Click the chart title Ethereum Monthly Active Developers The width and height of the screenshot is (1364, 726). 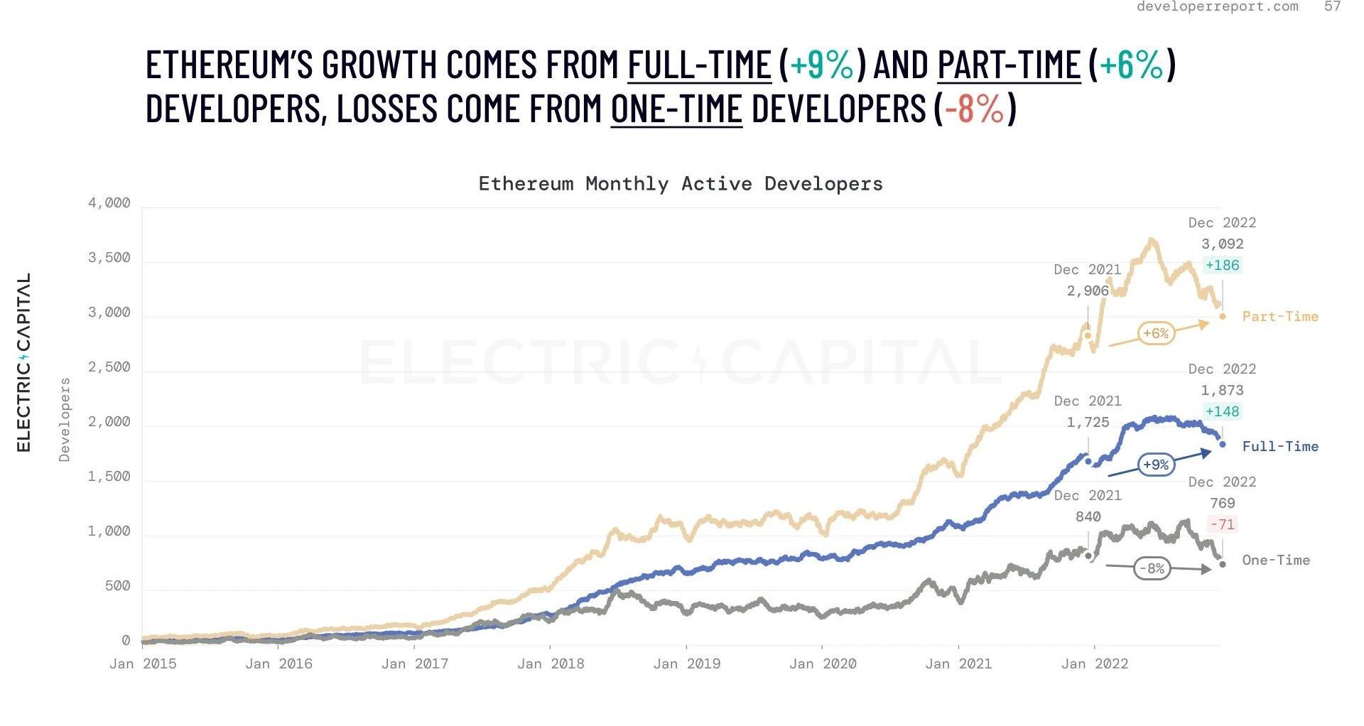[680, 184]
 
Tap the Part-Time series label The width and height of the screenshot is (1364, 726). [1279, 317]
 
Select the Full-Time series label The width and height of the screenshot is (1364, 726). [1279, 447]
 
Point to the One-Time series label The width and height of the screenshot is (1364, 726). [1275, 560]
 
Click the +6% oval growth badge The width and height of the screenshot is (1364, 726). [1156, 333]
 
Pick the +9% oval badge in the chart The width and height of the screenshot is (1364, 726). [1156, 465]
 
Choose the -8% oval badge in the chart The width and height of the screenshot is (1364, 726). [1152, 568]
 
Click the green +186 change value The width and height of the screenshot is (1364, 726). [1222, 266]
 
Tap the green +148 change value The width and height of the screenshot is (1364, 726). [1222, 411]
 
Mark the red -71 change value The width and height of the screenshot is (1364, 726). [1222, 524]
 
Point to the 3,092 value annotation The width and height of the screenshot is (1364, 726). [1222, 244]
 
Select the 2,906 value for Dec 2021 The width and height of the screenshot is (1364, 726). [1088, 291]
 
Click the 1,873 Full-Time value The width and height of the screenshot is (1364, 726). [1222, 390]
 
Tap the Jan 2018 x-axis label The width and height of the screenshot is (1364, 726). [551, 664]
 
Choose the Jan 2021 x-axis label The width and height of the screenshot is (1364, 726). [958, 664]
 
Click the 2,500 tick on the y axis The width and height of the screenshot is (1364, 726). [109, 367]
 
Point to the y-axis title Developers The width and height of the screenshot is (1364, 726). [65, 420]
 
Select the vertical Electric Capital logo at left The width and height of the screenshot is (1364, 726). [24, 362]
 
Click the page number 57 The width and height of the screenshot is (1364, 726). [1332, 6]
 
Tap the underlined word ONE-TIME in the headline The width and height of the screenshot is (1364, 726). [676, 109]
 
